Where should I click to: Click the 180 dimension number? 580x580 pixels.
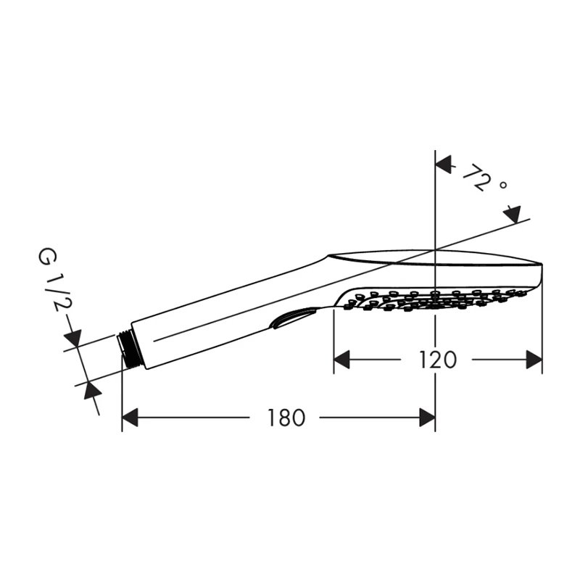click(286, 418)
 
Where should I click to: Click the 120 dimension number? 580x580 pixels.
click(438, 360)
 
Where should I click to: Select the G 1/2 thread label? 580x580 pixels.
click(52, 281)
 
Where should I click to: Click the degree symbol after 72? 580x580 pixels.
click(502, 184)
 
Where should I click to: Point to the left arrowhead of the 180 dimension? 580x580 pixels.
click(130, 418)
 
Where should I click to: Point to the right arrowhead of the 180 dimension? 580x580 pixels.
click(427, 418)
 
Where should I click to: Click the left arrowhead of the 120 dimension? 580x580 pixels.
click(341, 360)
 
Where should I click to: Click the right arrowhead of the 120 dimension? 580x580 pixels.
click(534, 360)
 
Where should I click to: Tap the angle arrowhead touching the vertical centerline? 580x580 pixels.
click(443, 165)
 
